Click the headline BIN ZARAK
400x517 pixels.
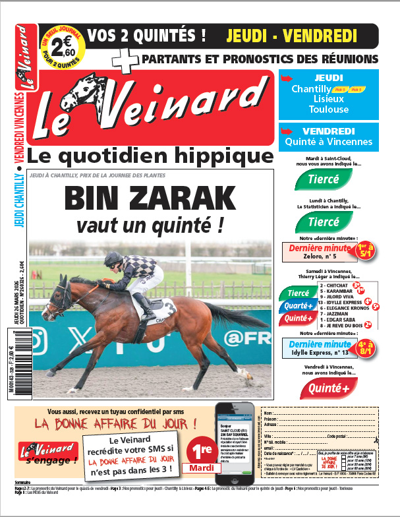point(150,198)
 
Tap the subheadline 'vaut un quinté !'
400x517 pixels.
point(149,226)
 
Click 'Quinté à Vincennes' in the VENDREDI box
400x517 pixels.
point(328,141)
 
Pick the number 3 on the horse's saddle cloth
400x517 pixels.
point(170,307)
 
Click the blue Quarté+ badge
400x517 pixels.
point(299,305)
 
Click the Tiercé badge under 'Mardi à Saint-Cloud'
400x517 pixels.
point(324,179)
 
